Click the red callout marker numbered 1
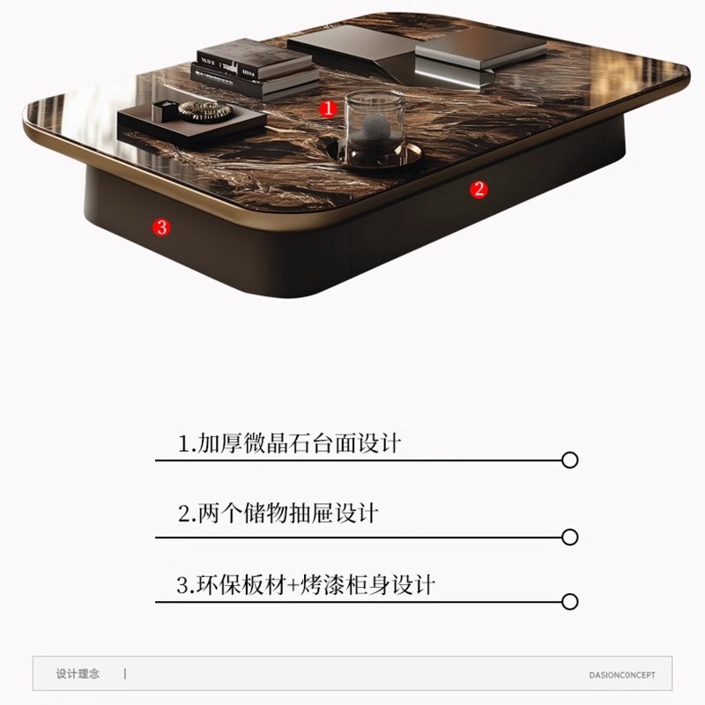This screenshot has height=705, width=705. [328, 108]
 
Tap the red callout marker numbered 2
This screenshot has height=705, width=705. [479, 188]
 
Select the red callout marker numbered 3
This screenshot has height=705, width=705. [160, 226]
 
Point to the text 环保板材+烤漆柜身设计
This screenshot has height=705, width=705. [306, 584]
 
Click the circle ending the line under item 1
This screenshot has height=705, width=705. [570, 460]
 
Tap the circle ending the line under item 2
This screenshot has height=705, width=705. [570, 537]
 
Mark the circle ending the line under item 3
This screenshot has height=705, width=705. [570, 602]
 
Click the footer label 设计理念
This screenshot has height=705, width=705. [78, 674]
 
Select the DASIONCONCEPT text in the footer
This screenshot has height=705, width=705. [622, 675]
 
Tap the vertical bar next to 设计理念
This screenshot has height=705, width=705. [124, 674]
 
